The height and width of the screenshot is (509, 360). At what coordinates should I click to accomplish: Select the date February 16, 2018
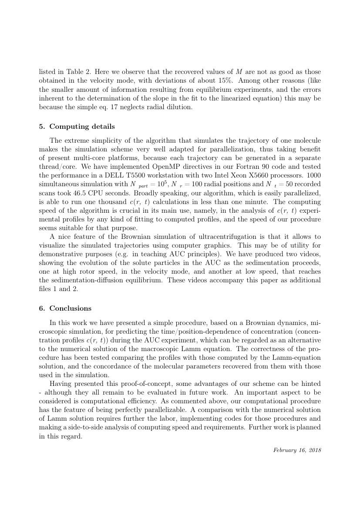(x=297, y=450)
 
